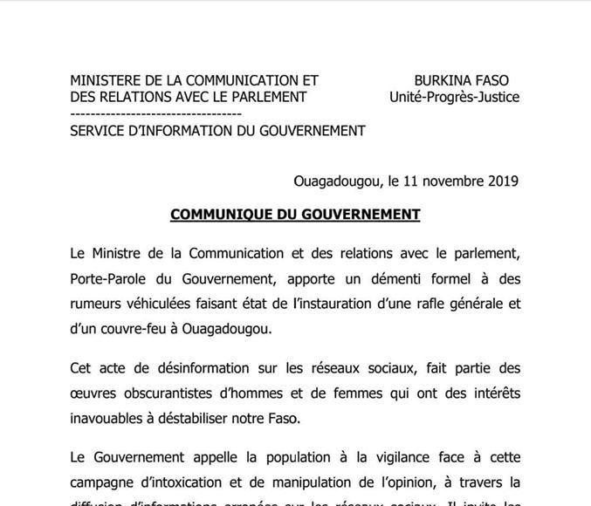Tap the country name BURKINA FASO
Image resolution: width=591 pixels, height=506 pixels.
[x=461, y=80]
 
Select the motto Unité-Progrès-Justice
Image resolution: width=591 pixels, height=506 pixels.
[x=454, y=97]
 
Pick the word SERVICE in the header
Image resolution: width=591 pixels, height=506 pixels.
[x=97, y=131]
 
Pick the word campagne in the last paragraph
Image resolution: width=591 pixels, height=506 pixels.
[x=103, y=482]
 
